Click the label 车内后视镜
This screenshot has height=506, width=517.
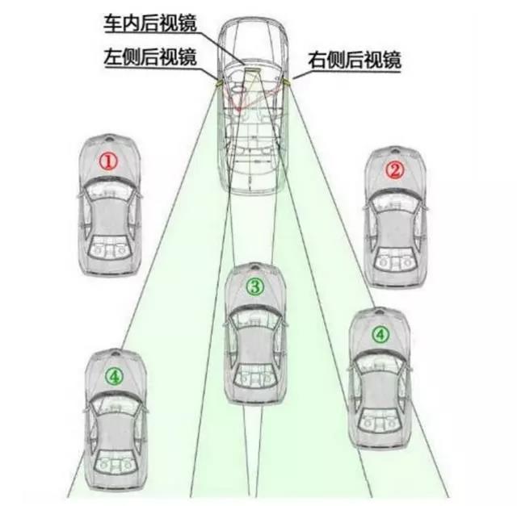pos(150,23)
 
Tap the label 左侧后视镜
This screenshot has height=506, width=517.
pos(150,57)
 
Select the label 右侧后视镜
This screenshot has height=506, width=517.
pos(355,60)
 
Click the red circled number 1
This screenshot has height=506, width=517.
pos(109,161)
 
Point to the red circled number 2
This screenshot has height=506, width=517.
pos(395,170)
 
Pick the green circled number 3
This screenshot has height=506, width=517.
pos(255,286)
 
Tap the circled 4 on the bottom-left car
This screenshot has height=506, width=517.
pos(114,376)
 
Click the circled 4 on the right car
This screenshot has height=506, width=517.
pos(380,335)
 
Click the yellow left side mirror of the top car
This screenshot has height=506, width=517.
pos(217,83)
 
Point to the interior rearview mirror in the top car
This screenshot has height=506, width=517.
pos(252,70)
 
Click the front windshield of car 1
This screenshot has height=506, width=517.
pos(109,190)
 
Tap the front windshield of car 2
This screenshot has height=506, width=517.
pos(395,202)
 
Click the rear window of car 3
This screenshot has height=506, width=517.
pos(255,375)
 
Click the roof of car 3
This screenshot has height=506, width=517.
pos(255,346)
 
